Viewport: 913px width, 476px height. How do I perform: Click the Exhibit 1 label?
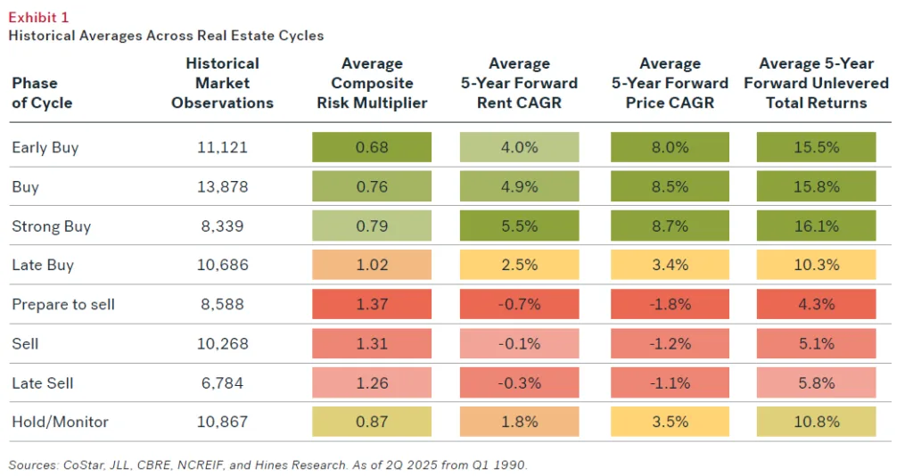[x=37, y=17]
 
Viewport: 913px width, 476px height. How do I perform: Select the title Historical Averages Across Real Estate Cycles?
[x=166, y=36]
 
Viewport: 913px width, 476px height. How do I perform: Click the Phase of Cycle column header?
[x=42, y=93]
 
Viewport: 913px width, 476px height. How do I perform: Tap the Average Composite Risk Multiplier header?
[x=372, y=83]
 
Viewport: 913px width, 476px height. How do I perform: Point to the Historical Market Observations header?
[x=222, y=83]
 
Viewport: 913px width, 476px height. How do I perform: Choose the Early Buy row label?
[x=45, y=147]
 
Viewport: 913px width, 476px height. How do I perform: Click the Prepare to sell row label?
[x=63, y=304]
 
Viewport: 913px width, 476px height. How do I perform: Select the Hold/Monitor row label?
[x=54, y=422]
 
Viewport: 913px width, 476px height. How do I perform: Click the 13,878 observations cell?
[x=222, y=186]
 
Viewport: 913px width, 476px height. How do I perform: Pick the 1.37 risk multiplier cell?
[x=372, y=304]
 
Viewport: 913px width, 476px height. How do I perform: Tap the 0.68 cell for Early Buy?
[x=372, y=147]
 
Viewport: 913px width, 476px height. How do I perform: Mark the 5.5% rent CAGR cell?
[x=520, y=226]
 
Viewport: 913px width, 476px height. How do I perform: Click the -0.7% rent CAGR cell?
[x=520, y=304]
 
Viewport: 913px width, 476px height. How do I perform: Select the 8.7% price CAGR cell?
[x=670, y=226]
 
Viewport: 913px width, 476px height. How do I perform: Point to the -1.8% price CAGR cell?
[x=670, y=304]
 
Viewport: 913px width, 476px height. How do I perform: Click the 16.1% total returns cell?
[x=817, y=226]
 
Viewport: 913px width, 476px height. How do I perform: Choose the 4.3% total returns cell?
[x=817, y=304]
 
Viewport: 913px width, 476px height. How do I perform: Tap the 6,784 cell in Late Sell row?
[x=222, y=382]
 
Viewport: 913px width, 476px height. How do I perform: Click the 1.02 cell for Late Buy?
[x=372, y=265]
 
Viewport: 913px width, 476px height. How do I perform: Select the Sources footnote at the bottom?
[x=268, y=464]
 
